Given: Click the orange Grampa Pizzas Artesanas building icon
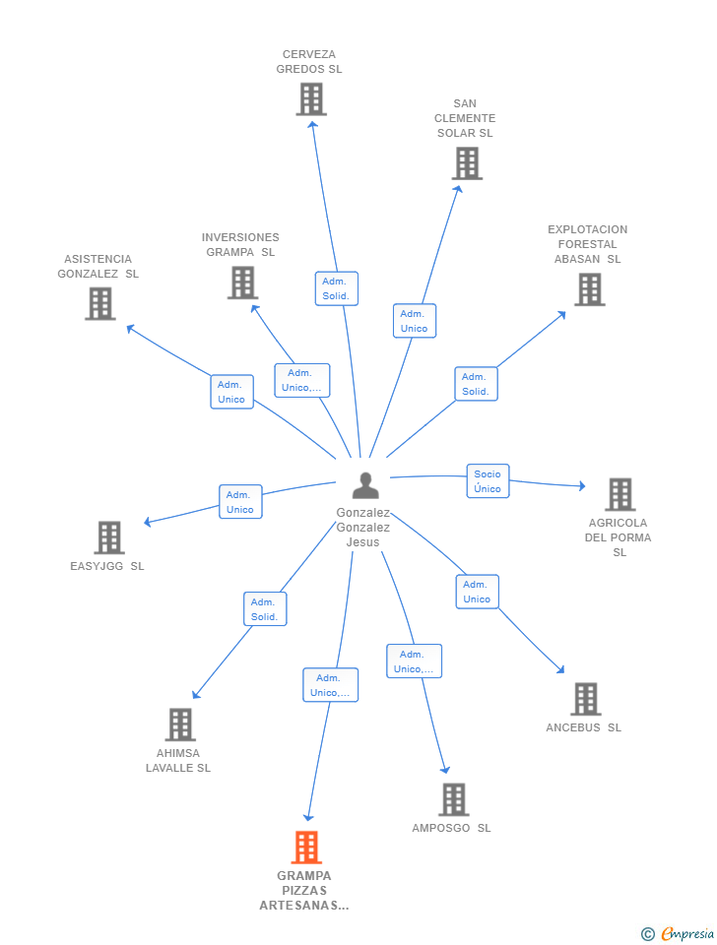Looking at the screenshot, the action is point(306,847).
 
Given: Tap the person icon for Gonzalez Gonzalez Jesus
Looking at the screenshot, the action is point(365,485).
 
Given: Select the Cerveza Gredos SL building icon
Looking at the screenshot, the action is point(311,98).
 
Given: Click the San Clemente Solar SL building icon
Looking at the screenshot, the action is point(468,163).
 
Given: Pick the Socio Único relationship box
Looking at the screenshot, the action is point(488,481).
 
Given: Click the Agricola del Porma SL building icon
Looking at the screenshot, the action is point(620,494).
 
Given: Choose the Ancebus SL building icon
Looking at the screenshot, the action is point(586,699).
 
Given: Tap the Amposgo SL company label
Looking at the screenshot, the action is point(451,828).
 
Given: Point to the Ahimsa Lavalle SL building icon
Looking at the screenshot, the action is point(180,724).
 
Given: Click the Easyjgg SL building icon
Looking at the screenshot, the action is point(109,537).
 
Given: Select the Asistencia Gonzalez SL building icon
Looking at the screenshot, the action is point(100,303).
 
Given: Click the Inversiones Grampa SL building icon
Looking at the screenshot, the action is point(243,283).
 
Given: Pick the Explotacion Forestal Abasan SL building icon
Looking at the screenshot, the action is point(590,289).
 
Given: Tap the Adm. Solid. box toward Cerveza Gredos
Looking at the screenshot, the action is point(337,288).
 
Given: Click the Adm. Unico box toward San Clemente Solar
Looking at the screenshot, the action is point(415,321).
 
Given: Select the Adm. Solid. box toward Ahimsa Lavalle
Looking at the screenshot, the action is point(265,609).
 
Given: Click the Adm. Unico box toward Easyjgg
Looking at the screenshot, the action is point(240,502).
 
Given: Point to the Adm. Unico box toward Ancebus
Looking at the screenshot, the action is point(477,592).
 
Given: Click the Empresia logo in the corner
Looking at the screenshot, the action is point(678,933).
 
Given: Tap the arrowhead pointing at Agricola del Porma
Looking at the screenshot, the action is point(582,485).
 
